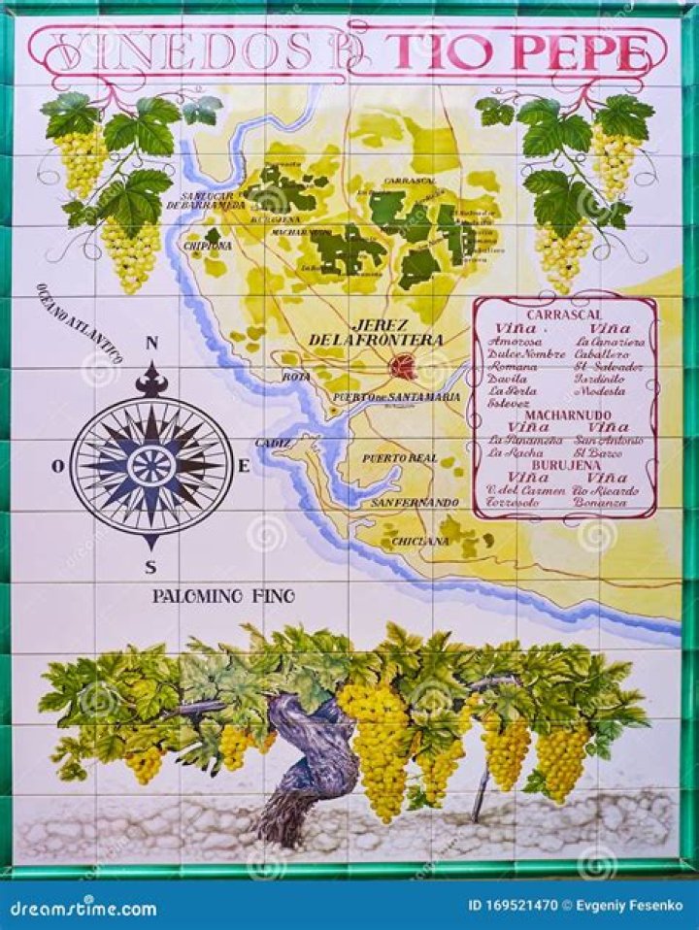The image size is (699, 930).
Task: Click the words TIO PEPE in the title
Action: (516, 50)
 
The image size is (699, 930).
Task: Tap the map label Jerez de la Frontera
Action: (376, 333)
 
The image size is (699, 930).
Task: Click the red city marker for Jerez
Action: (402, 366)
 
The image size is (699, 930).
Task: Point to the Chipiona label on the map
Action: (205, 246)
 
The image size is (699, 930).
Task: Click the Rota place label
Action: (296, 376)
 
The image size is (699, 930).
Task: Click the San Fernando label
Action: (415, 502)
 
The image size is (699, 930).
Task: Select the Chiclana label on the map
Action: (420, 541)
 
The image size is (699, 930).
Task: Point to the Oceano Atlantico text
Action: (79, 323)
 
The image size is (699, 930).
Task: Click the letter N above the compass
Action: (151, 343)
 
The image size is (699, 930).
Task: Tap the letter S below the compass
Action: (150, 568)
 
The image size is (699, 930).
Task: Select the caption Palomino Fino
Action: (223, 596)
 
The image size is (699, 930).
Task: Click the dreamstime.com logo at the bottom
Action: (83, 909)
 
